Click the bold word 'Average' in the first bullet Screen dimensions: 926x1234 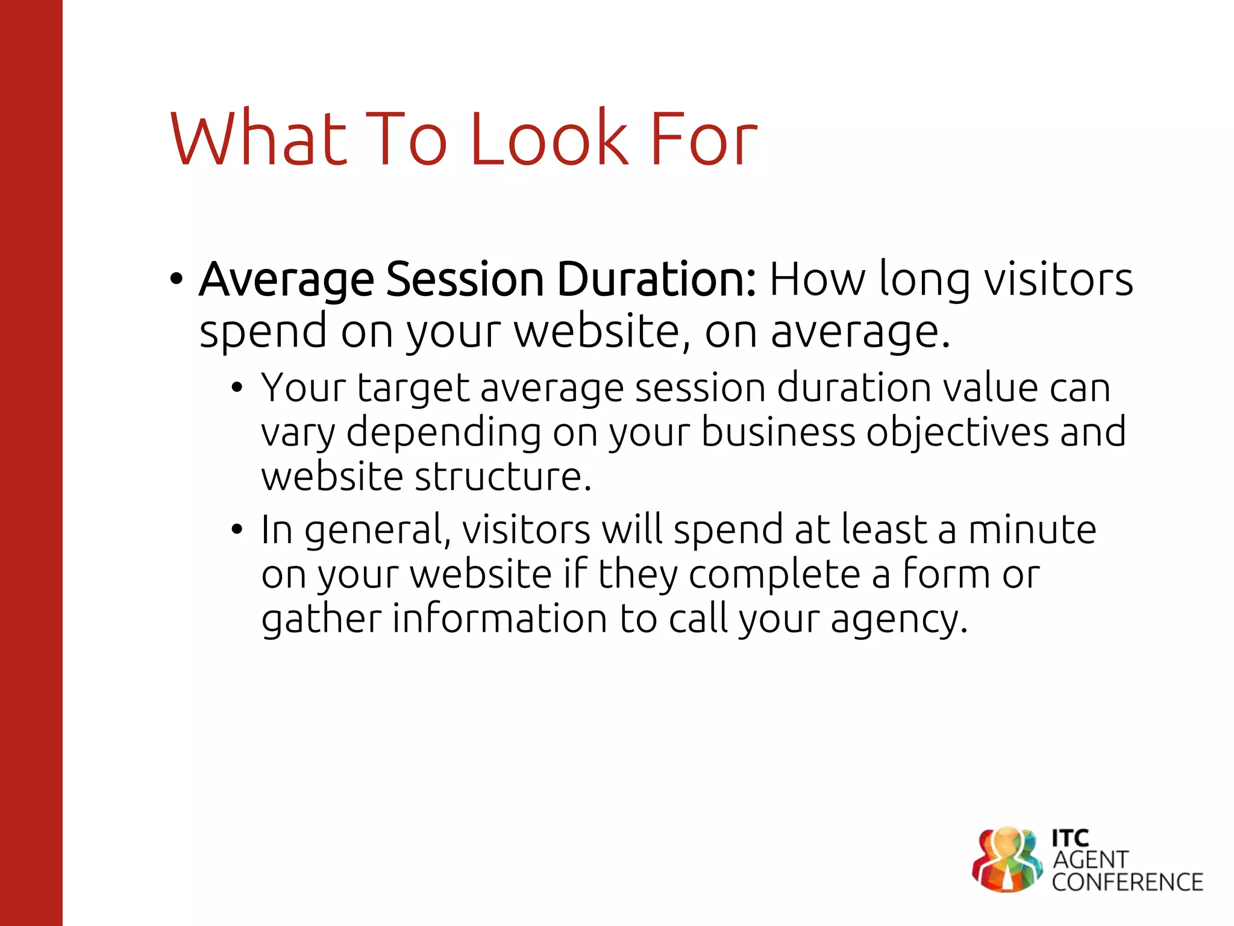(x=286, y=280)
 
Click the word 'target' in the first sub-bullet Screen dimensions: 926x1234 (x=413, y=389)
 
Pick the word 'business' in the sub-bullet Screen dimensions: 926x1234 (x=778, y=432)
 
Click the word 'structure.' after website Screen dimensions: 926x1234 (x=503, y=477)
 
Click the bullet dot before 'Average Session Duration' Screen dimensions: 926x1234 (x=176, y=279)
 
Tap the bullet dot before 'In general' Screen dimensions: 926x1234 (x=237, y=530)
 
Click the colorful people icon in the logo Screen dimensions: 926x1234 (x=1006, y=860)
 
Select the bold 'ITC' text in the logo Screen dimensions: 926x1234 (x=1070, y=838)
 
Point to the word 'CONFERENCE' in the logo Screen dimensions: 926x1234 (x=1127, y=883)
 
